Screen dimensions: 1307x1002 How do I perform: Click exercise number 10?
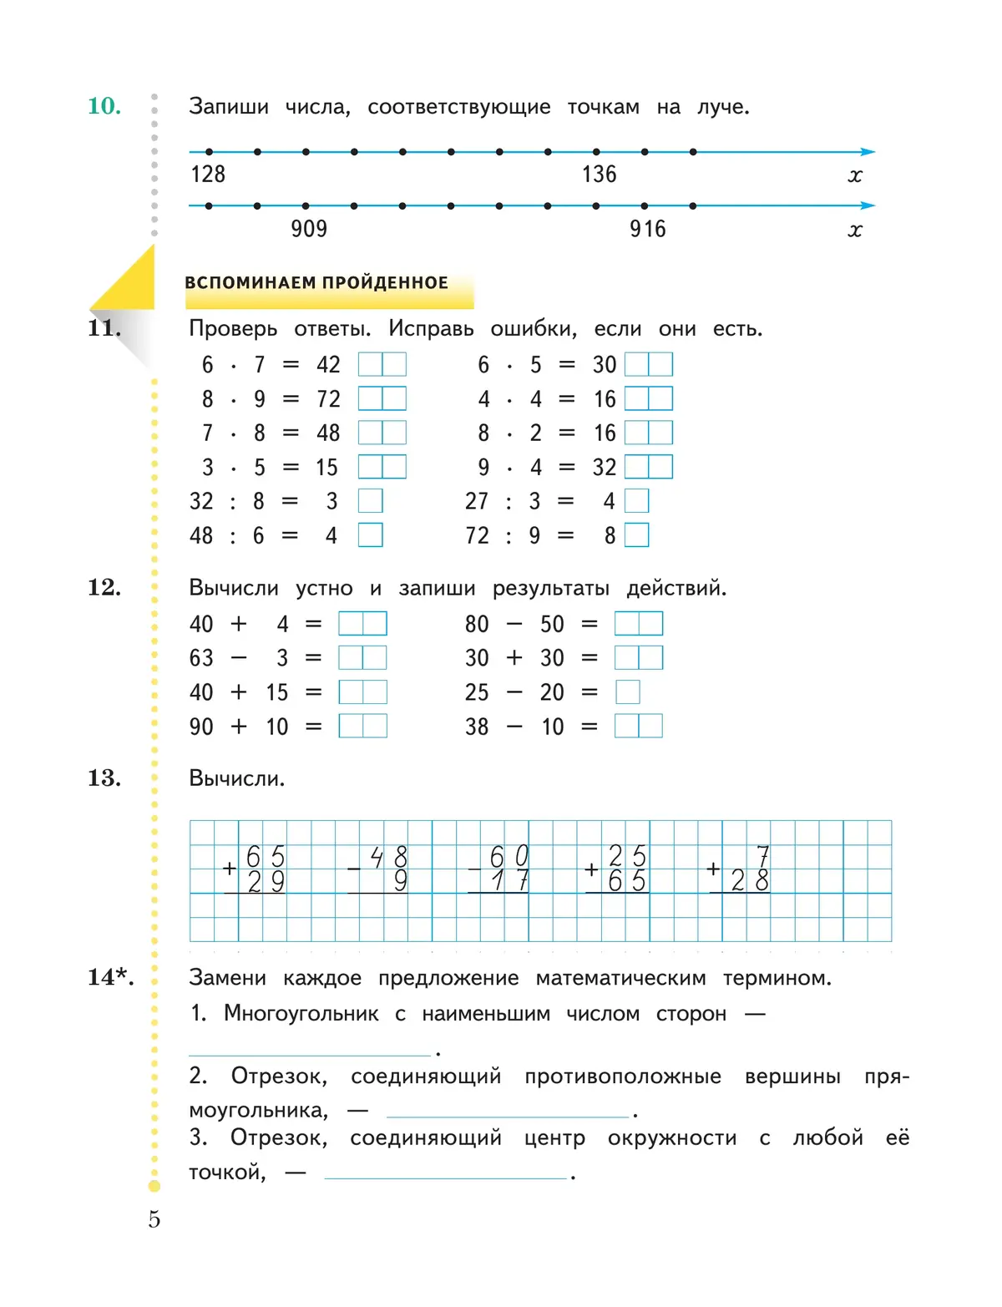104,106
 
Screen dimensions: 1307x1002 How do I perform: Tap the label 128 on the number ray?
208,174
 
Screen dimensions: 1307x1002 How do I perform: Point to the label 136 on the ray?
599,174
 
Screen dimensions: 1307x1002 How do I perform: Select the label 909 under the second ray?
309,229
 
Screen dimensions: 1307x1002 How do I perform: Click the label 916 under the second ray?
648,229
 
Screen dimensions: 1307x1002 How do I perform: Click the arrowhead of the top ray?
868,152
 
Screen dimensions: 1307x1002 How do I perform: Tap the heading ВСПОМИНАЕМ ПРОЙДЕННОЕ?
316,283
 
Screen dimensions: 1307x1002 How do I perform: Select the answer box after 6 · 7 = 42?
382,364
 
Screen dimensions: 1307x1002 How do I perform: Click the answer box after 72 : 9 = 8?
636,535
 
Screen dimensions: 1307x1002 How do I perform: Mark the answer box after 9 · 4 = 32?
649,467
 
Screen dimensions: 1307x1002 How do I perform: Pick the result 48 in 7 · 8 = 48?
328,433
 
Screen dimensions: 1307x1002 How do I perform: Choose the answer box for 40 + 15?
362,692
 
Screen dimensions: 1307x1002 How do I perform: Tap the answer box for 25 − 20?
628,692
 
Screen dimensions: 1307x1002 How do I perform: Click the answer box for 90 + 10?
362,727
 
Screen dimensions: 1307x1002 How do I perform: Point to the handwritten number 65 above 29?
266,857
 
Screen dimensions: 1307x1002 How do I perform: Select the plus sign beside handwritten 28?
713,869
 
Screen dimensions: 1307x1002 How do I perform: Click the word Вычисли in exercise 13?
236,778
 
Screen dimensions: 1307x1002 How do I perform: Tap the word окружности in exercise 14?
672,1137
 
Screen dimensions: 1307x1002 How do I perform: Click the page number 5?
154,1219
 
